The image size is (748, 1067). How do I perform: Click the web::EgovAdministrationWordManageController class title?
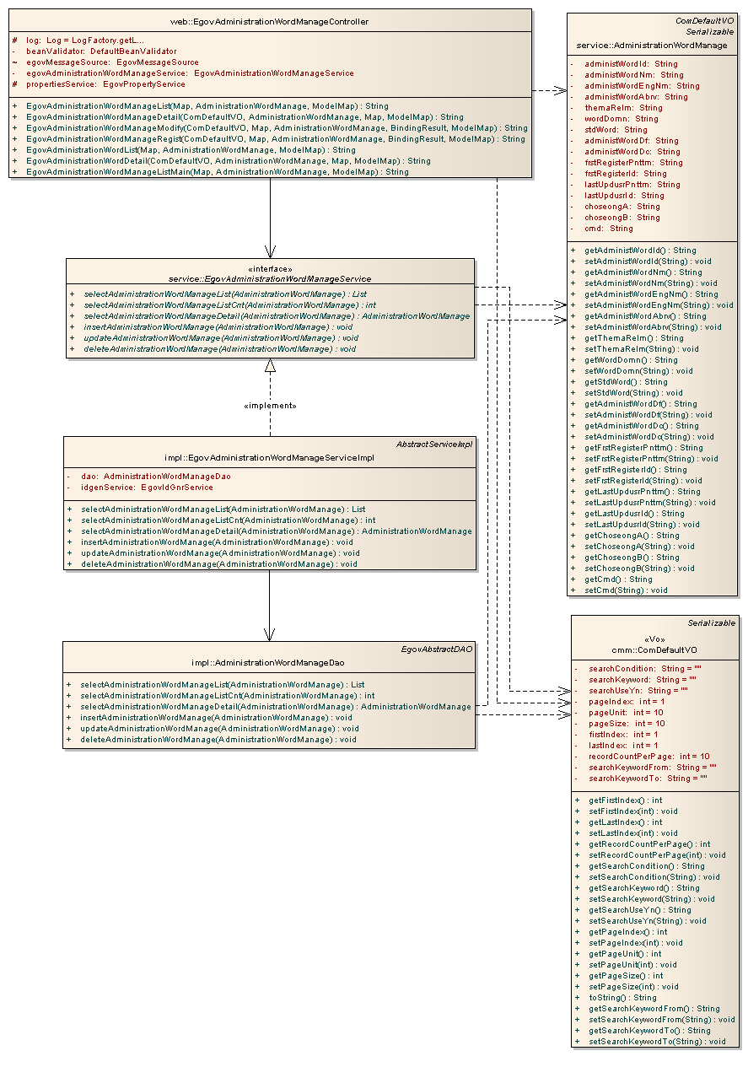pyautogui.click(x=271, y=21)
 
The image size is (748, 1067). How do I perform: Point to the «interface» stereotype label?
pyautogui.click(x=270, y=268)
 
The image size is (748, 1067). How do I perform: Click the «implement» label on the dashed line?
pyautogui.click(x=270, y=406)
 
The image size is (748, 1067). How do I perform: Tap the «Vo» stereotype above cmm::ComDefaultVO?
pyautogui.click(x=654, y=639)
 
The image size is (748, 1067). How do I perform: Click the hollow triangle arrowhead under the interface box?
pyautogui.click(x=270, y=365)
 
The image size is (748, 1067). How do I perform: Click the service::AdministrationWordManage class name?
pyautogui.click(x=651, y=45)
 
